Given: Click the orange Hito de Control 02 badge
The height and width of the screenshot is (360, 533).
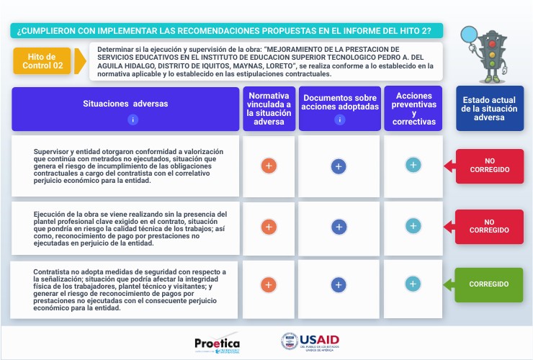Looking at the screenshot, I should (x=41, y=61).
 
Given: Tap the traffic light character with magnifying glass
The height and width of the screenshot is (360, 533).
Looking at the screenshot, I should (x=489, y=53).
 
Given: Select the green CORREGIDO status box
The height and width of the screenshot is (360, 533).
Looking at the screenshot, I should (x=489, y=284).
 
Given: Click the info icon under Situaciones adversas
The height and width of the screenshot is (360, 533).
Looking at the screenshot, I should (x=133, y=120).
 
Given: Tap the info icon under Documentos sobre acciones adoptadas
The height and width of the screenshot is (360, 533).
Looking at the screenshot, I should (x=339, y=120).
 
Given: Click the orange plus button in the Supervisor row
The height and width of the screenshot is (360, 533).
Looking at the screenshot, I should (x=268, y=166).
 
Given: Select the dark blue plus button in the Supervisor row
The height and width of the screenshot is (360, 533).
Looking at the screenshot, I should (x=339, y=166).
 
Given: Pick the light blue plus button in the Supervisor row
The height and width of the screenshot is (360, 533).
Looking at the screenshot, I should (x=413, y=165).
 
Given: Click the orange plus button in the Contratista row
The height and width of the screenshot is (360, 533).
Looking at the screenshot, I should (x=268, y=284).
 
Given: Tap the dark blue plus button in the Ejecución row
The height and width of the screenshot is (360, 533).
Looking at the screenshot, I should (x=339, y=226).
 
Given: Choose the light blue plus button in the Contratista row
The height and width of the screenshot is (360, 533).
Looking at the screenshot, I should (x=413, y=283).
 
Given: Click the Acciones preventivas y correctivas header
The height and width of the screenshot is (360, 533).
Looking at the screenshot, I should (x=413, y=109).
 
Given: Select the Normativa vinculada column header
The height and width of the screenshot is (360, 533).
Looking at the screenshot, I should (x=268, y=109).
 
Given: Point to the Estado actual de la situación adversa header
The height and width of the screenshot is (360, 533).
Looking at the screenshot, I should (x=490, y=109).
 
